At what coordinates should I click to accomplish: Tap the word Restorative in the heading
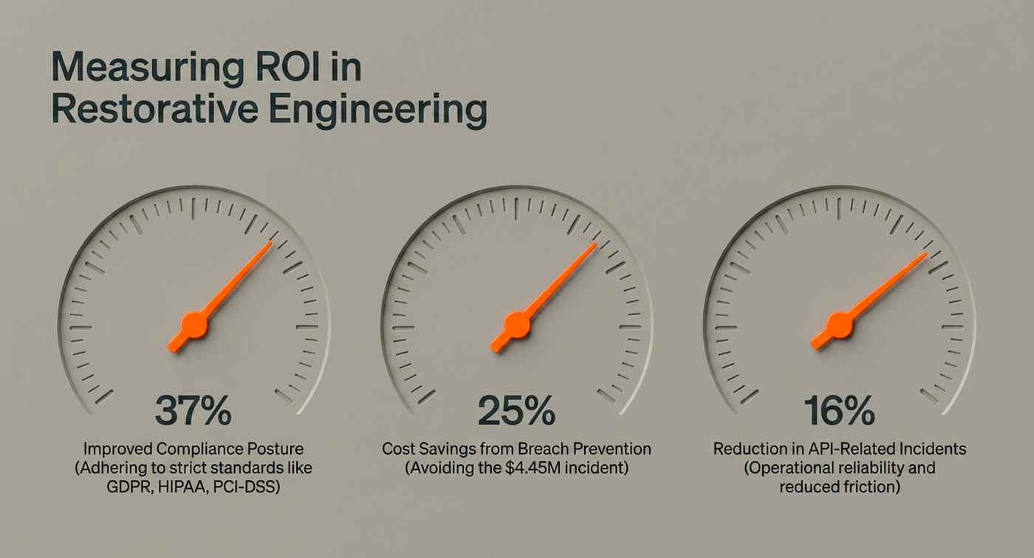[x=154, y=108]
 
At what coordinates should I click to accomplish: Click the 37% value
[x=194, y=410]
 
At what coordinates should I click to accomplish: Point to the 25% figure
[x=516, y=410]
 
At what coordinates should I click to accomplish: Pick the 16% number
[x=840, y=410]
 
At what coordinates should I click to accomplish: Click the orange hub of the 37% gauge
[x=194, y=325]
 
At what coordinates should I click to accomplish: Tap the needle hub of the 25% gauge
[x=517, y=325]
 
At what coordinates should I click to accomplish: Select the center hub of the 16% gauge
[x=840, y=325]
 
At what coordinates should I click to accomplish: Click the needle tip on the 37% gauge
[x=272, y=242]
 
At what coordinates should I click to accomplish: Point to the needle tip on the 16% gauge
[x=926, y=252]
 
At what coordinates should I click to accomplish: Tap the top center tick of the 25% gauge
[x=516, y=209]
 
